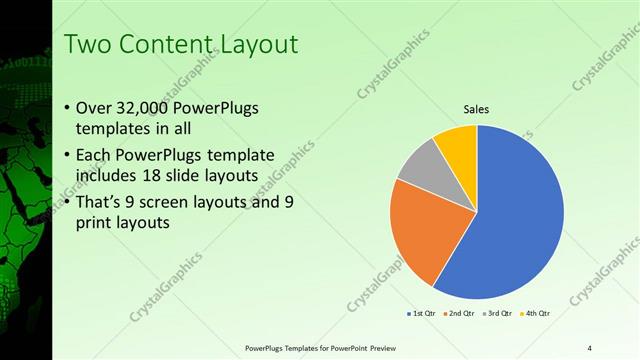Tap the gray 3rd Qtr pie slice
tap(420, 164)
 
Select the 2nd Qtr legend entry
tap(460, 313)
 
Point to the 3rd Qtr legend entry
tap(498, 313)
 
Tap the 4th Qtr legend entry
tap(537, 313)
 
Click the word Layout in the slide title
tap(257, 44)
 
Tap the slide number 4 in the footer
tap(590, 347)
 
